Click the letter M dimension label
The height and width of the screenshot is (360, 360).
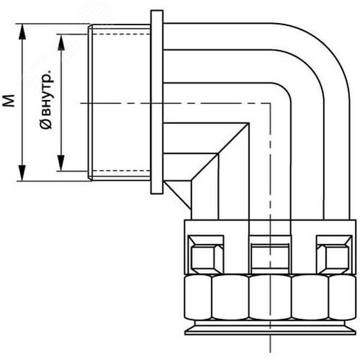click(x=9, y=101)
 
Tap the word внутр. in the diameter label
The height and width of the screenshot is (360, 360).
click(x=47, y=93)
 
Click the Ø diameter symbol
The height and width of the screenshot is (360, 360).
click(x=46, y=125)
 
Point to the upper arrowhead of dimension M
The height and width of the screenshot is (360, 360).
click(x=22, y=31)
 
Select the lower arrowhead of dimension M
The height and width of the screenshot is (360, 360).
click(x=22, y=173)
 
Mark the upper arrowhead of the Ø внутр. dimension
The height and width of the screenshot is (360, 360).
click(x=61, y=42)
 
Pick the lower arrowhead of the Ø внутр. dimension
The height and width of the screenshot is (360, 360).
click(x=61, y=163)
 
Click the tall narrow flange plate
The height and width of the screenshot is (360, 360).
click(x=157, y=102)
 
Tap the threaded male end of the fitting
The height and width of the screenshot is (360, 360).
click(x=120, y=102)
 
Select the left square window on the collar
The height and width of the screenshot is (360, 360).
click(x=206, y=254)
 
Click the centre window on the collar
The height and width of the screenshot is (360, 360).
click(x=270, y=254)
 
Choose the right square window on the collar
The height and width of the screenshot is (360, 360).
click(x=335, y=254)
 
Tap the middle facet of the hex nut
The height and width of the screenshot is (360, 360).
click(x=270, y=297)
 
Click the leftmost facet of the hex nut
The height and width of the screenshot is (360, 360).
click(x=198, y=297)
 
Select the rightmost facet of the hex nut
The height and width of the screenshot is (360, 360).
click(x=342, y=297)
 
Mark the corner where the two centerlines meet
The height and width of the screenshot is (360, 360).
click(x=271, y=103)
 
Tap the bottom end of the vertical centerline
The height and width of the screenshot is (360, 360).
click(x=271, y=352)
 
